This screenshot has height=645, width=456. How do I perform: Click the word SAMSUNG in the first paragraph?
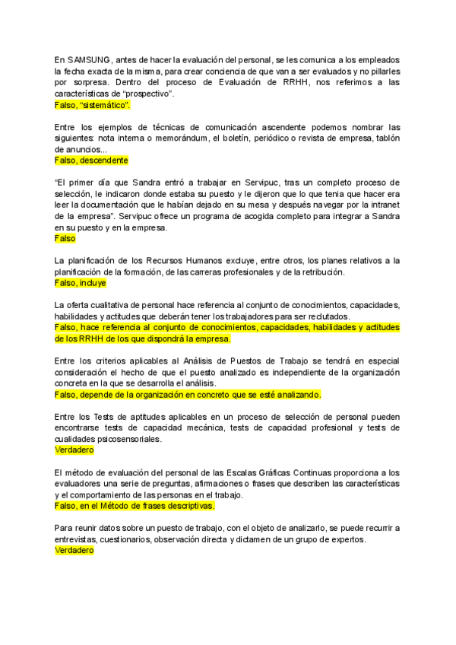89,59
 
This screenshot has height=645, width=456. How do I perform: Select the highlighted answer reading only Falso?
65,239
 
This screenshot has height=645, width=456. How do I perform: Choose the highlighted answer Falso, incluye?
80,283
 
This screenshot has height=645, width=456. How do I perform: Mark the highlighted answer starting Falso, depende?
188,395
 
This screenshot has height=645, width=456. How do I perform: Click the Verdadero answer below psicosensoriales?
74,450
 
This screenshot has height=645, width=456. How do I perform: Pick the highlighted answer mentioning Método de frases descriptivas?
135,506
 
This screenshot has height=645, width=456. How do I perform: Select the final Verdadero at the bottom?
74,550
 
